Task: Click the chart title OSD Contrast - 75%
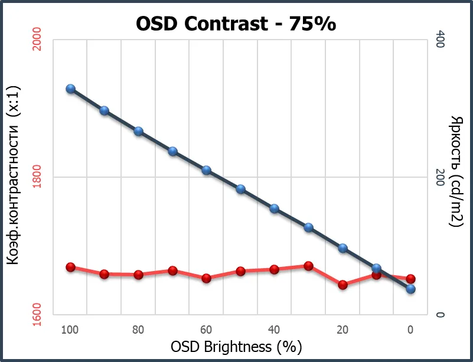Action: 236,24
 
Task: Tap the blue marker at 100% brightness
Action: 70,89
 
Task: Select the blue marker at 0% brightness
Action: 411,289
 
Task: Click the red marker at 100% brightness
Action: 70,268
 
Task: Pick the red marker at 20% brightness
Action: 342,285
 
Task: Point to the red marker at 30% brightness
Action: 308,266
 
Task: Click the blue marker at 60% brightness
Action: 207,170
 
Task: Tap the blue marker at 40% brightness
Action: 275,208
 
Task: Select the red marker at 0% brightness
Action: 411,279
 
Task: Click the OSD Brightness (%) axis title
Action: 236,346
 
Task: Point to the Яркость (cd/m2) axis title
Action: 456,172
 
